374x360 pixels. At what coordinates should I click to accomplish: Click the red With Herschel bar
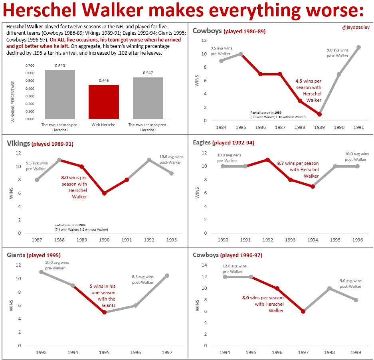[x=104, y=102]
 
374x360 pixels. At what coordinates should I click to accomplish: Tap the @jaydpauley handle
[x=356, y=28]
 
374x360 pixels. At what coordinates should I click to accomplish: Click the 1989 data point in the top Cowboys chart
[x=319, y=114]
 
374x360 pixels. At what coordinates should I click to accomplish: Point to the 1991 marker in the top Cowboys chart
[x=358, y=47]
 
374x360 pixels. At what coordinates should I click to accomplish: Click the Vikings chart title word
[x=18, y=143]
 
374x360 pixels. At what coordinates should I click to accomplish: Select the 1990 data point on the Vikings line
[x=104, y=193]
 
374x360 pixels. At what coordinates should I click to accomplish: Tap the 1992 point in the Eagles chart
[x=268, y=160]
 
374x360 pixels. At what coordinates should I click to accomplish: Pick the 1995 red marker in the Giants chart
[x=104, y=313]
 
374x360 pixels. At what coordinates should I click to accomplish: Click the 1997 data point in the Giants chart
[x=167, y=275]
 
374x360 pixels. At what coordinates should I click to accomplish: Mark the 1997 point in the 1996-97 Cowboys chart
[x=303, y=311]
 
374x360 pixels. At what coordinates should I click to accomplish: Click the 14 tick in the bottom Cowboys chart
[x=205, y=265]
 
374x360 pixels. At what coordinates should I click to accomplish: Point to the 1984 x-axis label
[x=221, y=127]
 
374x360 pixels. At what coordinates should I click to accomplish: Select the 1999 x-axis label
[x=356, y=352]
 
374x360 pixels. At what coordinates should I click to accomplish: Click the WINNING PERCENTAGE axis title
[x=13, y=101]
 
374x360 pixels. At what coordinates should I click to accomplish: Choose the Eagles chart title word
[x=202, y=142]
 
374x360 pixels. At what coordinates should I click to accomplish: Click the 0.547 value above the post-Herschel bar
[x=148, y=73]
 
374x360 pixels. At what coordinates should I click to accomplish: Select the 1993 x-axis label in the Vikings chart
[x=172, y=240]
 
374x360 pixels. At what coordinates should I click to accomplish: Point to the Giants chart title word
[x=16, y=255]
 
